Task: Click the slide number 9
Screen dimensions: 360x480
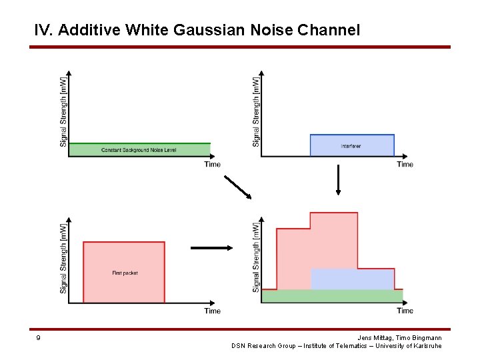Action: click(38, 338)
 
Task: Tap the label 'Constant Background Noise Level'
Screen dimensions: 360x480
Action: click(139, 151)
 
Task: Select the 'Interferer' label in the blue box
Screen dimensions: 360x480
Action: click(351, 146)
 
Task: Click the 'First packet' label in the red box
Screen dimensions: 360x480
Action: click(125, 273)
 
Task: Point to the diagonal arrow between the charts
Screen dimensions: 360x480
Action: click(238, 187)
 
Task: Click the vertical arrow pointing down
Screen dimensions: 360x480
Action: click(338, 179)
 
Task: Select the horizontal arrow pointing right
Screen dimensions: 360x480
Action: click(212, 248)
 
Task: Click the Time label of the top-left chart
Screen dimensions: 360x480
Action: click(212, 165)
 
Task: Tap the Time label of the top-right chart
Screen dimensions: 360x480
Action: click(405, 165)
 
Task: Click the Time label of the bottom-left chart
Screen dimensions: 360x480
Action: click(212, 311)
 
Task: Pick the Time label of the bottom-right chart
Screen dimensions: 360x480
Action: click(405, 311)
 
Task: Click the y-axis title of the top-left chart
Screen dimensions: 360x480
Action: click(63, 111)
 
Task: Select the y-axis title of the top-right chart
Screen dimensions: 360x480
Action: click(256, 111)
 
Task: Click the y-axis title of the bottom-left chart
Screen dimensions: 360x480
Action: click(63, 258)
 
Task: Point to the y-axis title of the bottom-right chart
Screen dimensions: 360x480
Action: click(256, 258)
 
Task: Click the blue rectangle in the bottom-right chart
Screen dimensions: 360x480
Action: click(352, 279)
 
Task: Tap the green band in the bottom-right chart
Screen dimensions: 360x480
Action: click(332, 296)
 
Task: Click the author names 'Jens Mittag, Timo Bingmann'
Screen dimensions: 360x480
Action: click(399, 338)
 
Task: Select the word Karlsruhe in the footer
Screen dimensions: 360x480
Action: click(426, 346)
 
